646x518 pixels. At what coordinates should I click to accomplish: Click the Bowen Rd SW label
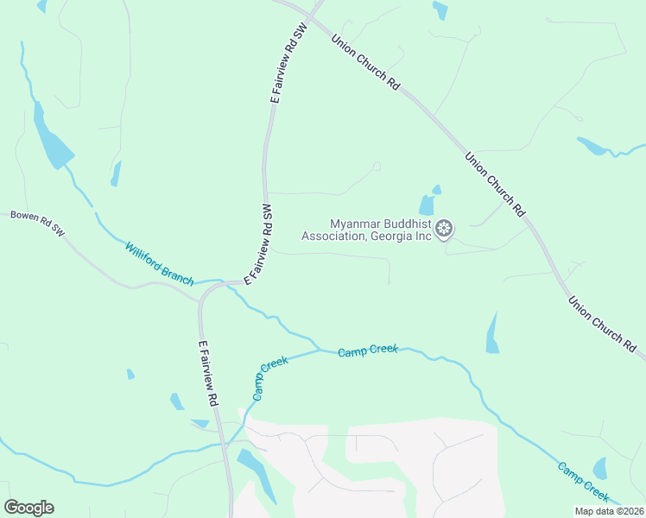coord(38,222)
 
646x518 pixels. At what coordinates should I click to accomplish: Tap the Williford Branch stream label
coord(160,263)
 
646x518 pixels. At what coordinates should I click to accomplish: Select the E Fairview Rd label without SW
coord(207,373)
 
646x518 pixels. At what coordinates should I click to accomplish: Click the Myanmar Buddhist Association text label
coord(366,230)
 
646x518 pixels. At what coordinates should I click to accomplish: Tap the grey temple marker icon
coord(444,229)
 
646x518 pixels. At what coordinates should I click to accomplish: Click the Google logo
coord(28,508)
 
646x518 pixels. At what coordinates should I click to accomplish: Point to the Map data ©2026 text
coord(609,511)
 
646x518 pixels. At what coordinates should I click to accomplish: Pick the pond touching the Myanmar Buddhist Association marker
coord(427,205)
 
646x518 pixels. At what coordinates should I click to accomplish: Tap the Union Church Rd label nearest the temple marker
coord(495,184)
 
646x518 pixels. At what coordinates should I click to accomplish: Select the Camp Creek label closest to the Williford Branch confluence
coord(368,350)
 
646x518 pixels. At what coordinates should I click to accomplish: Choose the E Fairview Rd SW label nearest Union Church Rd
coord(288,64)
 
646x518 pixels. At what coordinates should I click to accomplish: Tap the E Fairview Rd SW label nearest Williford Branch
coord(258,245)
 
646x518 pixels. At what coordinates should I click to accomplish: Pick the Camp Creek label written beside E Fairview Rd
coord(269,376)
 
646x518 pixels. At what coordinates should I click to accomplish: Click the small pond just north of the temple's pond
coord(436,189)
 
